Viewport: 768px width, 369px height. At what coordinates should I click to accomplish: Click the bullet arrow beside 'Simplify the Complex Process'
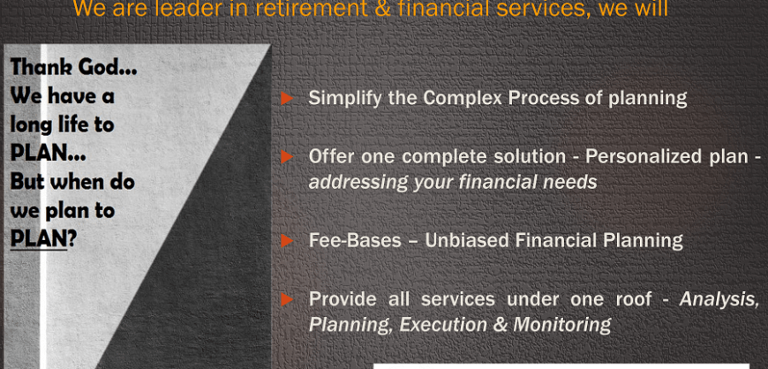click(287, 99)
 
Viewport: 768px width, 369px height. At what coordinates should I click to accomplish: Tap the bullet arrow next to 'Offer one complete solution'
click(287, 157)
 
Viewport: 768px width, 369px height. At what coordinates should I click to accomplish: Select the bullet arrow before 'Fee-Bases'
click(287, 241)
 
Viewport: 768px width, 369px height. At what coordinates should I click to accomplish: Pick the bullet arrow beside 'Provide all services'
click(287, 299)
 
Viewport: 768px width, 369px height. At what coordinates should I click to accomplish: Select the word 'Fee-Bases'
click(355, 241)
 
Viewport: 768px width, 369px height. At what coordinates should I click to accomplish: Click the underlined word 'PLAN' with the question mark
click(39, 239)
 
